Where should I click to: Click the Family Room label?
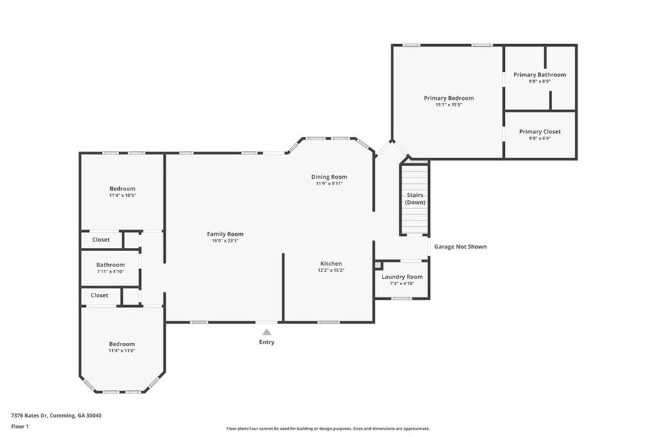(225, 234)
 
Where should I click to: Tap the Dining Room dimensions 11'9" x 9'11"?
(329, 183)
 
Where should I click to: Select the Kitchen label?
(331, 263)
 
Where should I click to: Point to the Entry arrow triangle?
(266, 332)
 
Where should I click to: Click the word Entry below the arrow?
(266, 342)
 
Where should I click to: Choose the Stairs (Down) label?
(415, 199)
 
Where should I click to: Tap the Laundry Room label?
(402, 277)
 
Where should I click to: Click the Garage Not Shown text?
(460, 247)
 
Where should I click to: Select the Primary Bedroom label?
(449, 98)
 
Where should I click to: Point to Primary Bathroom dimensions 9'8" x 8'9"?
(539, 81)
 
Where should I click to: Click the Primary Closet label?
(539, 131)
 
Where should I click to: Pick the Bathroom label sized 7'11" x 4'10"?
(110, 265)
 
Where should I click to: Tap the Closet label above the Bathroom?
(101, 240)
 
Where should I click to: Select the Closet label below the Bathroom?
(99, 295)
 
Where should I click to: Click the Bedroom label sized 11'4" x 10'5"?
(122, 188)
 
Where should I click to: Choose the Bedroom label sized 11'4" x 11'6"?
(122, 343)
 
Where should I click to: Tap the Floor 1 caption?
(20, 427)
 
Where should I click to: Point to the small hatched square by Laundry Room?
(378, 265)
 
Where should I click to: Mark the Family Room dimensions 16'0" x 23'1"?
(225, 241)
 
